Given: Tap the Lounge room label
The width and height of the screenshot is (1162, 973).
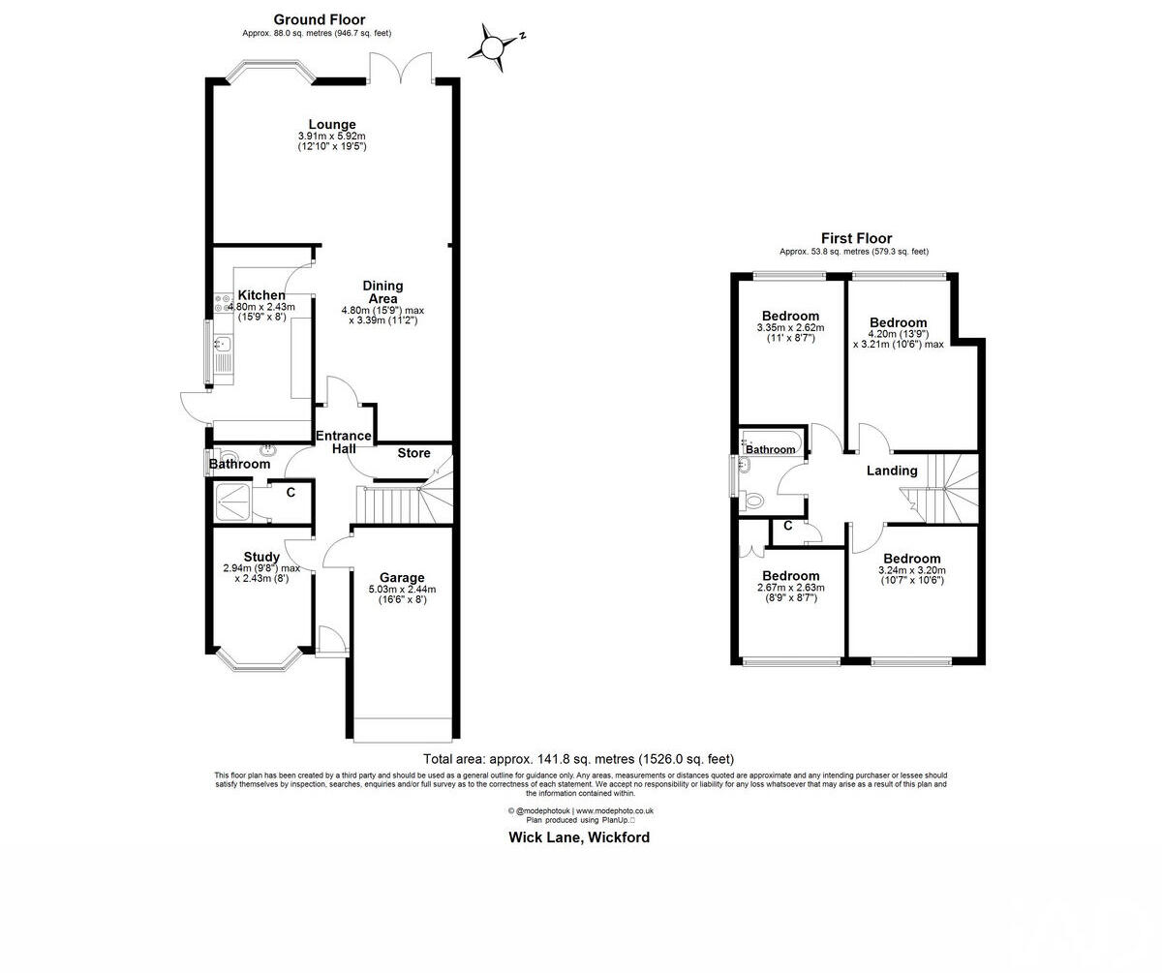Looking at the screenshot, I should (332, 124).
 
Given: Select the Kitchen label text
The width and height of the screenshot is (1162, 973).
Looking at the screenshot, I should (261, 295).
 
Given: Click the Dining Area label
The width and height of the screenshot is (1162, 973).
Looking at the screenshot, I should (382, 291).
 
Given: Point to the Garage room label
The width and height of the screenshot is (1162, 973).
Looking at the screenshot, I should (402, 578).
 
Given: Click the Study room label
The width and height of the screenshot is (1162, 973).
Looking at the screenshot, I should (261, 557).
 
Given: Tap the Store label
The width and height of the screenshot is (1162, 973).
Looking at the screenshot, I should (413, 453).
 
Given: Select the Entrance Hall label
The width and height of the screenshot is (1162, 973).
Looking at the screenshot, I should (344, 441).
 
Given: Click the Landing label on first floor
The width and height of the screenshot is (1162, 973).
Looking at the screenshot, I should (891, 471).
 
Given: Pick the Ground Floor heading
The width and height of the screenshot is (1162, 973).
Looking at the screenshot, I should (320, 19).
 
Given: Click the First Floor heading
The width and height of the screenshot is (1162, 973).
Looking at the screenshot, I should (856, 238).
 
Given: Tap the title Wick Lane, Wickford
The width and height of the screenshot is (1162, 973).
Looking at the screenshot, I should (579, 837).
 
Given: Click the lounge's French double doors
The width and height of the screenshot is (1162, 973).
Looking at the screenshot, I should (401, 70).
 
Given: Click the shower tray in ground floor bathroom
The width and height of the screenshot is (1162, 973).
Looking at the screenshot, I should (232, 500).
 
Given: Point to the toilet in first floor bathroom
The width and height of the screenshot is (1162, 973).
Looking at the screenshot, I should (754, 501).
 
